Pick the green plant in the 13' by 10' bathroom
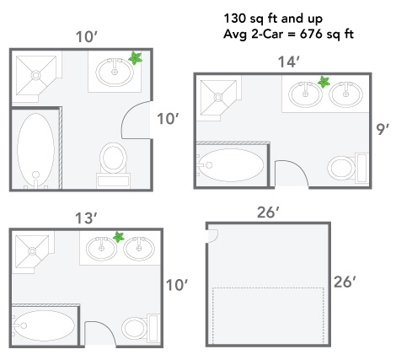point(119,237)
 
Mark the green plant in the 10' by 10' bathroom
point(134,59)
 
